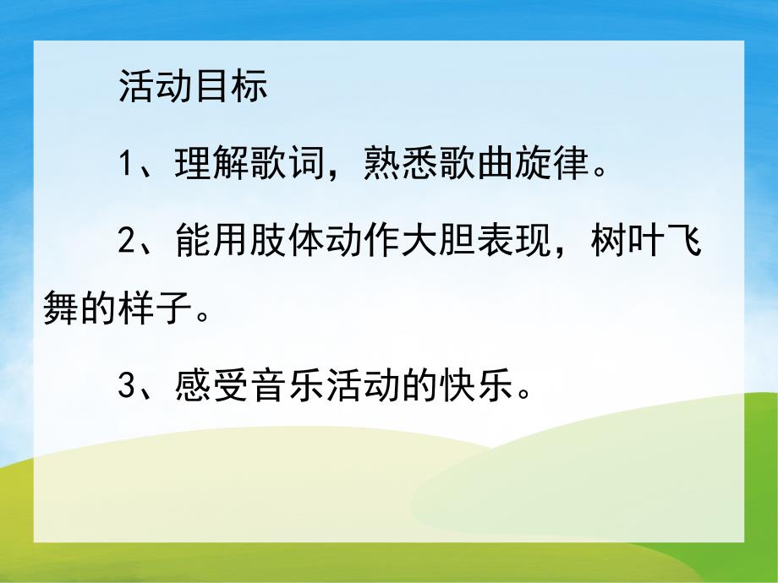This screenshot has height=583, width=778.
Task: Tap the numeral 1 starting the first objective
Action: click(x=127, y=164)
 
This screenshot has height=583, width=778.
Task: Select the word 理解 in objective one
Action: click(x=211, y=164)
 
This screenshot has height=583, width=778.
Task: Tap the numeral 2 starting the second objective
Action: click(x=127, y=244)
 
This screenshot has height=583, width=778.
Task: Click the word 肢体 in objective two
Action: click(x=287, y=244)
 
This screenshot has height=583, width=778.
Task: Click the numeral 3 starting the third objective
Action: click(x=127, y=389)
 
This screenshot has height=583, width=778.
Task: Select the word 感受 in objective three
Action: click(x=211, y=389)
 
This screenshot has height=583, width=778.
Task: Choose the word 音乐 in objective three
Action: click(x=287, y=389)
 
